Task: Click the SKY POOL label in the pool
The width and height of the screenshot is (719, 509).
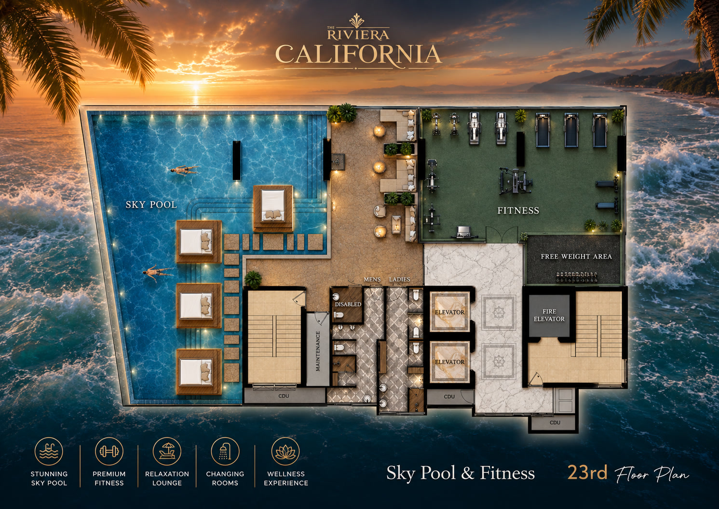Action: point(151,205)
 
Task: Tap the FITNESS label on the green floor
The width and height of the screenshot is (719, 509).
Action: point(518,211)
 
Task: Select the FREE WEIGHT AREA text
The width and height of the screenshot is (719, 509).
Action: point(576,256)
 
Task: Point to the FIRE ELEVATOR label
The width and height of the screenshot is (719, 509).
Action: point(549,315)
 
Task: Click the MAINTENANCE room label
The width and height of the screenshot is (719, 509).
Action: point(318,351)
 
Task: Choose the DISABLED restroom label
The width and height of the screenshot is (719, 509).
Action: point(348,304)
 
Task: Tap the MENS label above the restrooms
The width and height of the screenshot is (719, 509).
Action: point(372,280)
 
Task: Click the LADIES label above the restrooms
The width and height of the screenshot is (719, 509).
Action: point(399,280)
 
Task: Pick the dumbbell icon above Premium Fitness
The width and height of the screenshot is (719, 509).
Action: point(109,452)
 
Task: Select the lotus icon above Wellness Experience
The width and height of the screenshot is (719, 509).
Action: point(285,452)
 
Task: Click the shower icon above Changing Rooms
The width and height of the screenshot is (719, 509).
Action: point(225,452)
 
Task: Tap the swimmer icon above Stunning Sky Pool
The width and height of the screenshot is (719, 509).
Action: point(49,452)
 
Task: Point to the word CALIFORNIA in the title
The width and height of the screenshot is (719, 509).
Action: point(358,54)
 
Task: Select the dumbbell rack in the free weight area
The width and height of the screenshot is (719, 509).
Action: point(576,276)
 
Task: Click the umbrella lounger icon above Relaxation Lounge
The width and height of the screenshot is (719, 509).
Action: point(167,452)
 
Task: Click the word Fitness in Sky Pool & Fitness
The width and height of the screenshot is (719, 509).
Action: point(507,473)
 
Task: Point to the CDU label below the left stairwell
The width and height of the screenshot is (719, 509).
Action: point(284,396)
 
